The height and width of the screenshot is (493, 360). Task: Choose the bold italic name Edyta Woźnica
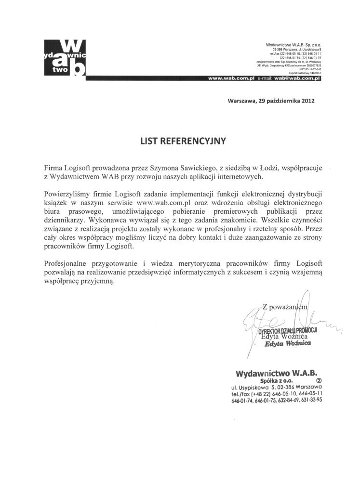[292, 344]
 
